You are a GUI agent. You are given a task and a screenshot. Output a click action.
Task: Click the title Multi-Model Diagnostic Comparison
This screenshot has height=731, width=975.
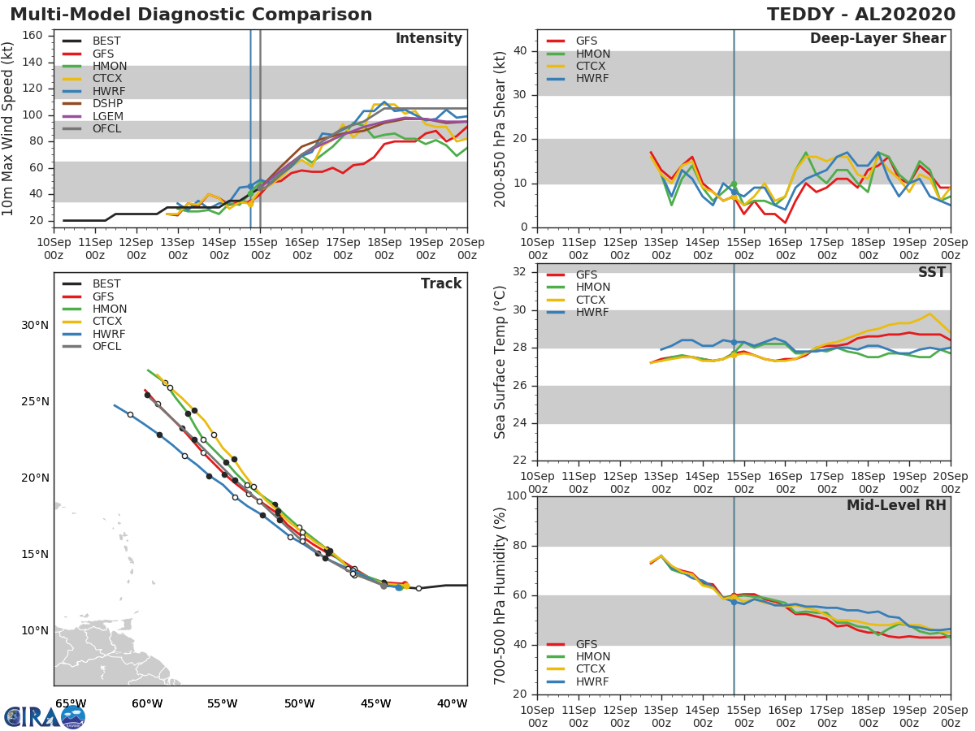191,15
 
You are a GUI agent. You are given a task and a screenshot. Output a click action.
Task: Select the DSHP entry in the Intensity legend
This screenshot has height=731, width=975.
107,103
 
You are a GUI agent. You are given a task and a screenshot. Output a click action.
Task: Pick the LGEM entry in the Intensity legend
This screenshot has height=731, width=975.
108,116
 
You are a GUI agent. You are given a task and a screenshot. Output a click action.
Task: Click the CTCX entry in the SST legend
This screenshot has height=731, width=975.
592,300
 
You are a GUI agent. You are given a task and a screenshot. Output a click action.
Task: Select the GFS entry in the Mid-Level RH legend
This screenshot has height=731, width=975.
586,644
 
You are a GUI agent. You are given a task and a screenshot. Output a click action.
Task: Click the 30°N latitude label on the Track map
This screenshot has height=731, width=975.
34,326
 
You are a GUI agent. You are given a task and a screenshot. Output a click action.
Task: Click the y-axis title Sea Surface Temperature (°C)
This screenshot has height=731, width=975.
500,361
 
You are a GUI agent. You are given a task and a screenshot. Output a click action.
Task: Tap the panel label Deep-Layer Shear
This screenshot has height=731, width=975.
877,39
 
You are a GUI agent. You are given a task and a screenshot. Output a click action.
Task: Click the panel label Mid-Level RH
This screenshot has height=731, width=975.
896,505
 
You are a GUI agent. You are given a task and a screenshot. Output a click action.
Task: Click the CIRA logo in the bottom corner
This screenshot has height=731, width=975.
44,716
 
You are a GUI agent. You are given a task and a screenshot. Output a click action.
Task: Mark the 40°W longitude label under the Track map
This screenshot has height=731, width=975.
453,703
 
